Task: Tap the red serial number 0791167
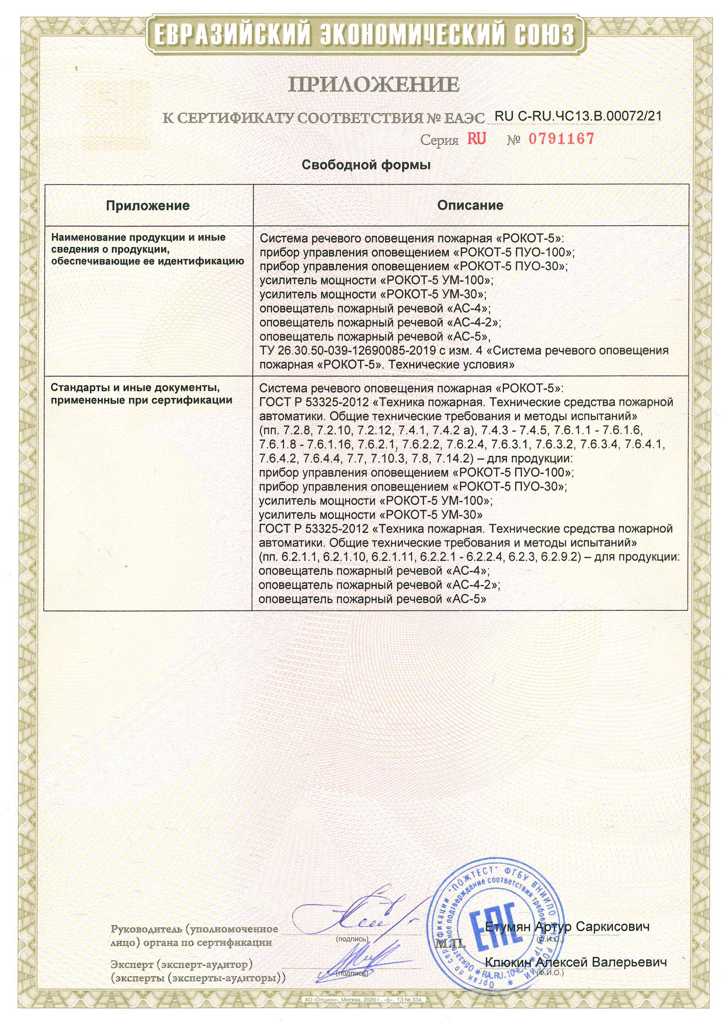[561, 139]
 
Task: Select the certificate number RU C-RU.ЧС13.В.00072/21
[578, 116]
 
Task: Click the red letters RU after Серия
[476, 139]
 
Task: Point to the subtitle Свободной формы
[366, 165]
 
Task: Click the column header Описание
[470, 205]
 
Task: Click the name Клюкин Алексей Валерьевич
[576, 962]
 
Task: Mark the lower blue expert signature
[363, 957]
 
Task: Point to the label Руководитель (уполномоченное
[194, 929]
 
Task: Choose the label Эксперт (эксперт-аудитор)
[181, 964]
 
